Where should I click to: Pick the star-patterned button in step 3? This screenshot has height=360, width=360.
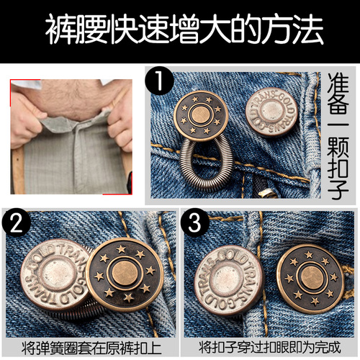308,277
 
